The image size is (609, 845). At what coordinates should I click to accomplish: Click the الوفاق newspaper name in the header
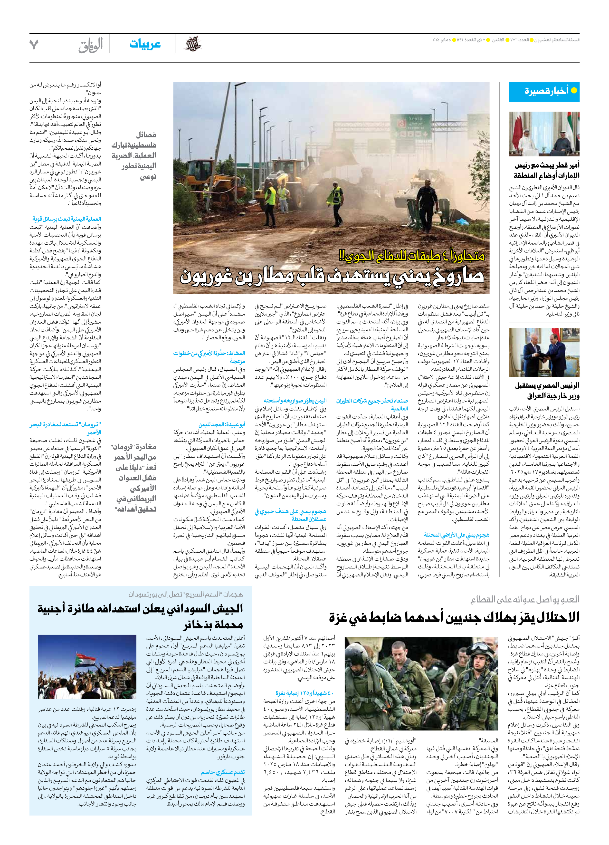point(91,45)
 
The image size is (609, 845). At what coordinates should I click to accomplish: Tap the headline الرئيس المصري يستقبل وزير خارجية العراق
point(547,390)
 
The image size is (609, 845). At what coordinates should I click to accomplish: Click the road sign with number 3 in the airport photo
point(401,124)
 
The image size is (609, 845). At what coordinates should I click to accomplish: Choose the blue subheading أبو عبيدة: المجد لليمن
point(222,424)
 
